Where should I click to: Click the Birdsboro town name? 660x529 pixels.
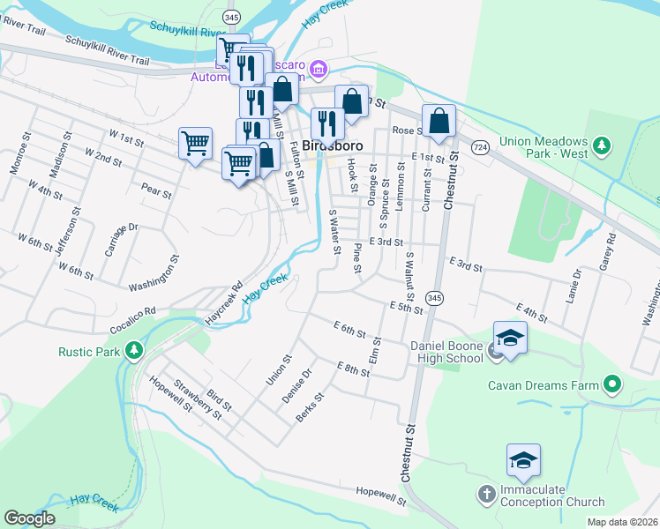(x=334, y=145)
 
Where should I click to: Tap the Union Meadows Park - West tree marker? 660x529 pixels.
(x=603, y=144)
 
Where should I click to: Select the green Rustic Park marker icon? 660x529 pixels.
(x=134, y=351)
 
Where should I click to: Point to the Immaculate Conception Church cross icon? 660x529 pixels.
(x=486, y=495)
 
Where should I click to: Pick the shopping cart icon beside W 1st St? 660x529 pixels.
(x=195, y=141)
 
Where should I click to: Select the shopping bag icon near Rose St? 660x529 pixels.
(x=439, y=120)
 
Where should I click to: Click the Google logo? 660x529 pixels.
(x=29, y=518)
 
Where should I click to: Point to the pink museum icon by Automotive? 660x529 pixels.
(x=319, y=69)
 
